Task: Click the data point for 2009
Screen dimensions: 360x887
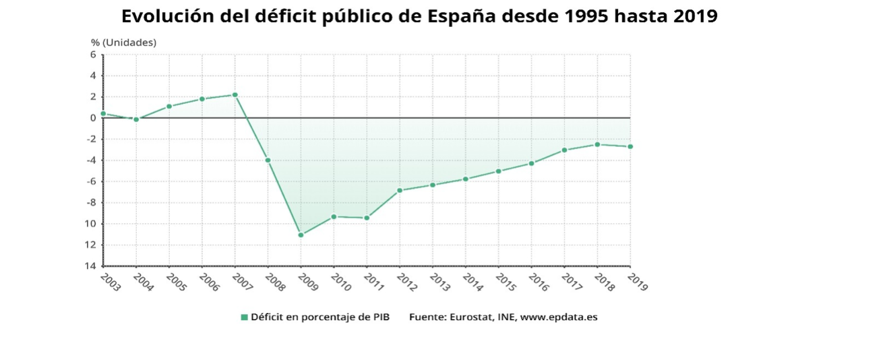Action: coord(301,235)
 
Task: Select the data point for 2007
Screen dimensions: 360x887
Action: coord(235,94)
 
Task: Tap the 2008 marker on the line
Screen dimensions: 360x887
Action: coord(268,160)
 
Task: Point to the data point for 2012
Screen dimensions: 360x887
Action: coord(400,190)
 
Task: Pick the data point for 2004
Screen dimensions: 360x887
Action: coord(136,119)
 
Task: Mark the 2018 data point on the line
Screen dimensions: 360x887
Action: coord(597,144)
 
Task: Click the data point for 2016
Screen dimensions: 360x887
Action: coord(531,163)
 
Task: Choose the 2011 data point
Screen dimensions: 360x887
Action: coord(367,218)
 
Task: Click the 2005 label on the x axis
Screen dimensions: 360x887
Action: coord(176,282)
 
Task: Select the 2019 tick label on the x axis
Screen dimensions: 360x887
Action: coord(637,282)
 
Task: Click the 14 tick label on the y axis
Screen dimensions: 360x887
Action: coord(90,266)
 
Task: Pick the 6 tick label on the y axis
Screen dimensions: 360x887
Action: coord(93,55)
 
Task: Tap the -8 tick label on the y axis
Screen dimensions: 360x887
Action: coord(90,203)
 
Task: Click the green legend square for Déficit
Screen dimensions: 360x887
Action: coord(245,317)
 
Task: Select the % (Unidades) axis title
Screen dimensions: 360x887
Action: coord(123,42)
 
